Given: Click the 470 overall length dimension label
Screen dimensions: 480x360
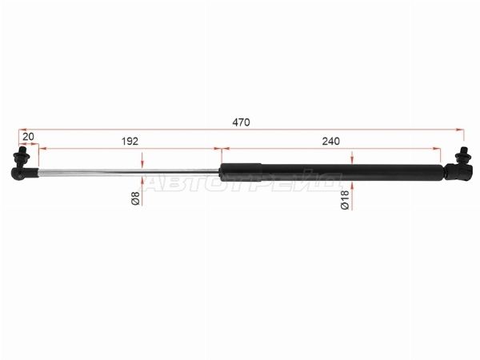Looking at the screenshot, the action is pyautogui.click(x=242, y=122).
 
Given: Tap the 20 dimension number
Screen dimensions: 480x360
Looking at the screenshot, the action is pyautogui.click(x=28, y=137).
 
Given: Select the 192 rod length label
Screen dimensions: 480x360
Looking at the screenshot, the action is pyautogui.click(x=130, y=141).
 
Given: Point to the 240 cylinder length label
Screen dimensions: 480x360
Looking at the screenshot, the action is pyautogui.click(x=331, y=141).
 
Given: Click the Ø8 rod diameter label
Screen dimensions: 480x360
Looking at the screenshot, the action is pyautogui.click(x=135, y=198).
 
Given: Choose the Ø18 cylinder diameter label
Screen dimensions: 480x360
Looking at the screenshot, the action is pyautogui.click(x=345, y=200).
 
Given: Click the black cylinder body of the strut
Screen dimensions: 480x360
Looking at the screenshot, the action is pyautogui.click(x=332, y=172).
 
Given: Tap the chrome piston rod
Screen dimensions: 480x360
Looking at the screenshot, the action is pyautogui.click(x=129, y=172).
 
